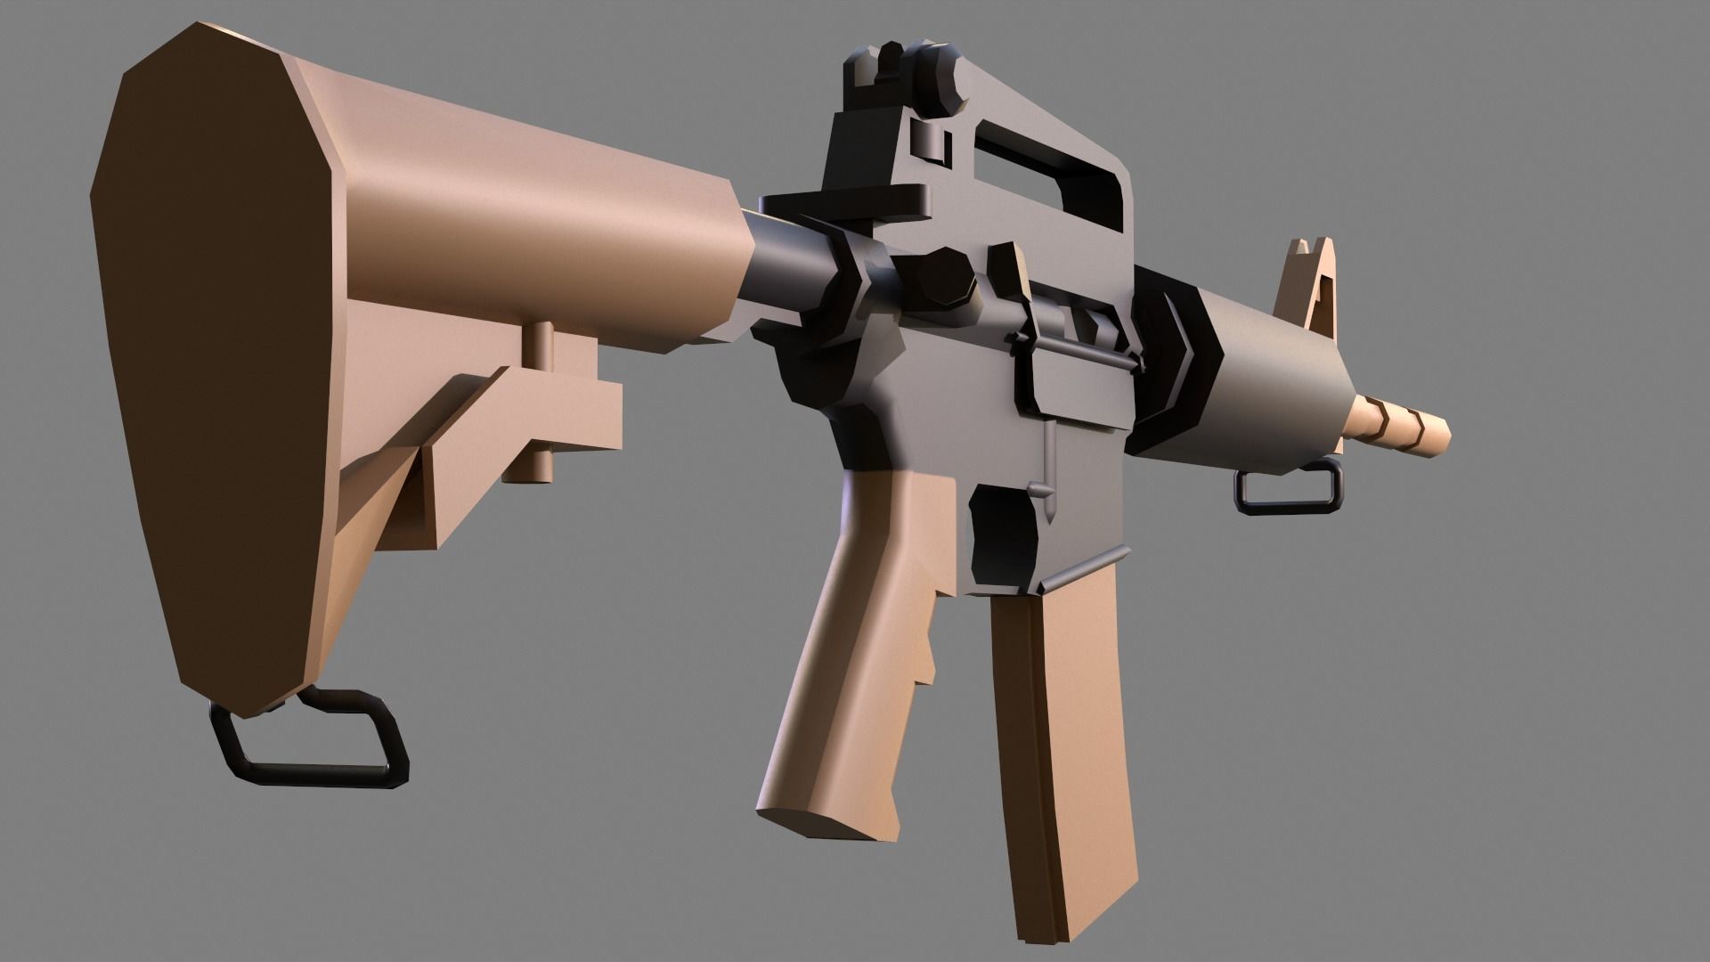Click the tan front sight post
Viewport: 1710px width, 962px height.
click(1309, 285)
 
